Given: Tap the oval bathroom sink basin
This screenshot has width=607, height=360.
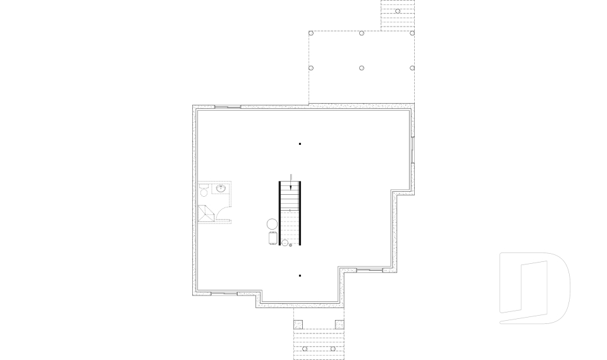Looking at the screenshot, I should (x=221, y=188).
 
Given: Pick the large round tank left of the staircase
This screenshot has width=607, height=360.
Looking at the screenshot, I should (x=272, y=223).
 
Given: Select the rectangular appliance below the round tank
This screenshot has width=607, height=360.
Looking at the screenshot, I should (x=273, y=238).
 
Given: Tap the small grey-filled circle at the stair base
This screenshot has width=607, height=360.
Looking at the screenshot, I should (x=291, y=244).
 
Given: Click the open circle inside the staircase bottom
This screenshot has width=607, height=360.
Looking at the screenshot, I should (x=285, y=242).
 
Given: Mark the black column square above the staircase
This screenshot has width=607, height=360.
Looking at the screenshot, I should (x=300, y=144).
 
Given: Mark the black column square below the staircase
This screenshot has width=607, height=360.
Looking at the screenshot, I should (x=300, y=275).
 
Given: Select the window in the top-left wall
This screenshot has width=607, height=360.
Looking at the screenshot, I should (x=228, y=107).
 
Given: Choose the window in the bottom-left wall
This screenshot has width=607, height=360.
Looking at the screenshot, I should (x=224, y=294).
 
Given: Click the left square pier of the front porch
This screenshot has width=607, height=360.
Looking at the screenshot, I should (x=298, y=324).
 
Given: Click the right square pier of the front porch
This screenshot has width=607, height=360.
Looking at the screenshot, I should (x=340, y=324).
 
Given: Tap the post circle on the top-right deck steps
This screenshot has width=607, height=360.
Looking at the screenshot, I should (x=398, y=11).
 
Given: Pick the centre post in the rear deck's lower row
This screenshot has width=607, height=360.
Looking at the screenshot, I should (x=362, y=68).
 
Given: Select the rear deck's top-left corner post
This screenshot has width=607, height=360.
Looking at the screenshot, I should (x=311, y=33).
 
